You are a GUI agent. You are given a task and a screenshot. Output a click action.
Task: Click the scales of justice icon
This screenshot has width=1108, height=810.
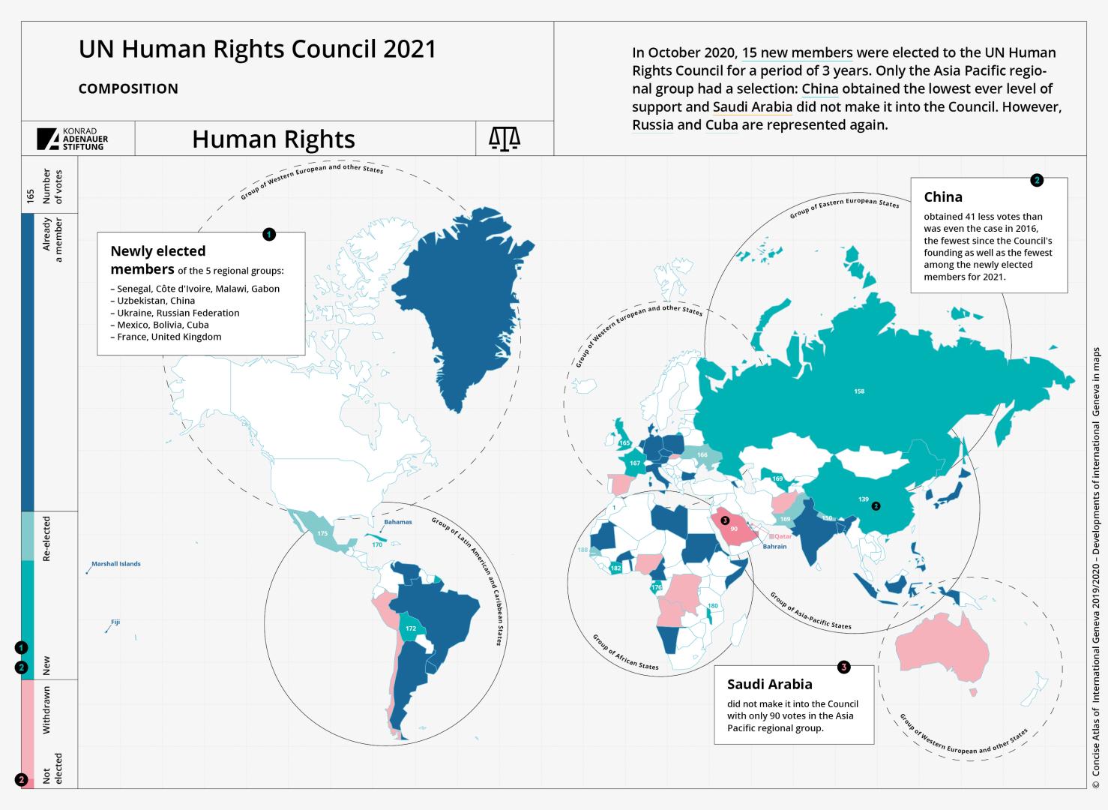coord(504,139)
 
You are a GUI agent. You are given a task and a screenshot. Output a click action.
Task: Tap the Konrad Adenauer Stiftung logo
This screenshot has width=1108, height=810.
coord(73,139)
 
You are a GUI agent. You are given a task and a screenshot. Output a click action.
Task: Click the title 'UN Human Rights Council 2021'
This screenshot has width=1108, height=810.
coord(257,49)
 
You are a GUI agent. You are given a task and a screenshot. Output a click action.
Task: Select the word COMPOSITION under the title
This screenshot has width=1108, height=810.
coord(128,88)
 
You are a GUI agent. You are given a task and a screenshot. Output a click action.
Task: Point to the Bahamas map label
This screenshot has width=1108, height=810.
coord(397,522)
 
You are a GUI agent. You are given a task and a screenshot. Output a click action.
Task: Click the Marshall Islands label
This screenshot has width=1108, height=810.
coord(115,564)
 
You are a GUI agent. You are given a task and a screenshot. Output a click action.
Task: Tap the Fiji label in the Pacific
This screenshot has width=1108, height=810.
coord(115,622)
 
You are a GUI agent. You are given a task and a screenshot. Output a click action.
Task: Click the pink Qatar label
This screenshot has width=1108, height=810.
coord(783,537)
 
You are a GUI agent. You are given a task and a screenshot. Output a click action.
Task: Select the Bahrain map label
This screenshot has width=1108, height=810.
coord(775,547)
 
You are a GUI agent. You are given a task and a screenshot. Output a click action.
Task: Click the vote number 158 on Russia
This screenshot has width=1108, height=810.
coord(859,391)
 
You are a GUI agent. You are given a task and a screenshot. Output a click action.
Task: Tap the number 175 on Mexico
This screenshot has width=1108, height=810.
coord(322,533)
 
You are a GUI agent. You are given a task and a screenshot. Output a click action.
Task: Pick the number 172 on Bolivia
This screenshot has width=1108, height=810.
coord(410,628)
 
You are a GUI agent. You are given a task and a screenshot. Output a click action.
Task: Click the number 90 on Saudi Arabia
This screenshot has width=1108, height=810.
coord(734,529)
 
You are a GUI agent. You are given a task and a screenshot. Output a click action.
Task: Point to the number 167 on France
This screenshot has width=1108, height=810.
coord(635,463)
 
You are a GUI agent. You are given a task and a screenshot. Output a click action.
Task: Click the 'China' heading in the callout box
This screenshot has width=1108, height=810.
coord(943,197)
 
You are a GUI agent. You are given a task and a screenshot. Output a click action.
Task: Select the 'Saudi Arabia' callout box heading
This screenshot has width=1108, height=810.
coord(769,684)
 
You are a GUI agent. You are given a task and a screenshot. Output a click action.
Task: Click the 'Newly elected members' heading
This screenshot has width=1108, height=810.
coord(157,259)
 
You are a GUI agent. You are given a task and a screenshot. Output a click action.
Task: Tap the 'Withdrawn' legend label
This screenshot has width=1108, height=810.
coord(46,710)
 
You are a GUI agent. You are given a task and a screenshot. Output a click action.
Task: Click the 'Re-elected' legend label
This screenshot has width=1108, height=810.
coord(46,538)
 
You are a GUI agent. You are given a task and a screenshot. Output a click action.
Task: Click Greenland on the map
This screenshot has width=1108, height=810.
coord(457,300)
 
